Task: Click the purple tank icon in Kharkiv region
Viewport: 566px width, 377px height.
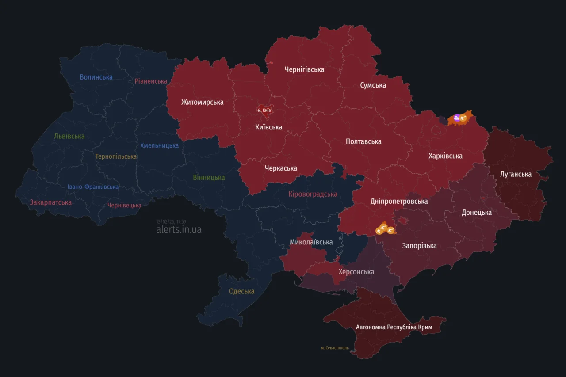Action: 456,118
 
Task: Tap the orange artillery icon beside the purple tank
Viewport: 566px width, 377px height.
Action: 463,118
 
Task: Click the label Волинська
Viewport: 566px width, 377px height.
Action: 96,77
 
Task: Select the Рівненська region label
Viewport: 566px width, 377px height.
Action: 151,81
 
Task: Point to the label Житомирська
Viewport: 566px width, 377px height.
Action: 202,102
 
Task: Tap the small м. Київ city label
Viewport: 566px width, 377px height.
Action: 264,110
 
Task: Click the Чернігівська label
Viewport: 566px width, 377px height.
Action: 304,69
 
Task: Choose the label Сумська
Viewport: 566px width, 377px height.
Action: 373,85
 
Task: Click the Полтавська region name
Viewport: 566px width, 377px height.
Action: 363,141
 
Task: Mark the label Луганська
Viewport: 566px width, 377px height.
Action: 516,174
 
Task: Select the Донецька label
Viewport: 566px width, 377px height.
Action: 476,213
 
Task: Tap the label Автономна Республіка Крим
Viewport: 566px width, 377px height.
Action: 394,327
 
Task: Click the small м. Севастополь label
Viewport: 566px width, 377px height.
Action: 335,348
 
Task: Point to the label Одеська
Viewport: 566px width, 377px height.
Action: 241,291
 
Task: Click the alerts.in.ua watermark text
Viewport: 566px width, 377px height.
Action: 179,230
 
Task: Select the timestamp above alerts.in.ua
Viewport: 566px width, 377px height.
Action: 171,222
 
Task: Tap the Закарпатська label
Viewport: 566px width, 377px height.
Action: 50,202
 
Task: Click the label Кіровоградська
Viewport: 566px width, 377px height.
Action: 313,194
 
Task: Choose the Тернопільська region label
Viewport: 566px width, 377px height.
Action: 116,156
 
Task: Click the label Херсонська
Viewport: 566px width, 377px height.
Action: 356,272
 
